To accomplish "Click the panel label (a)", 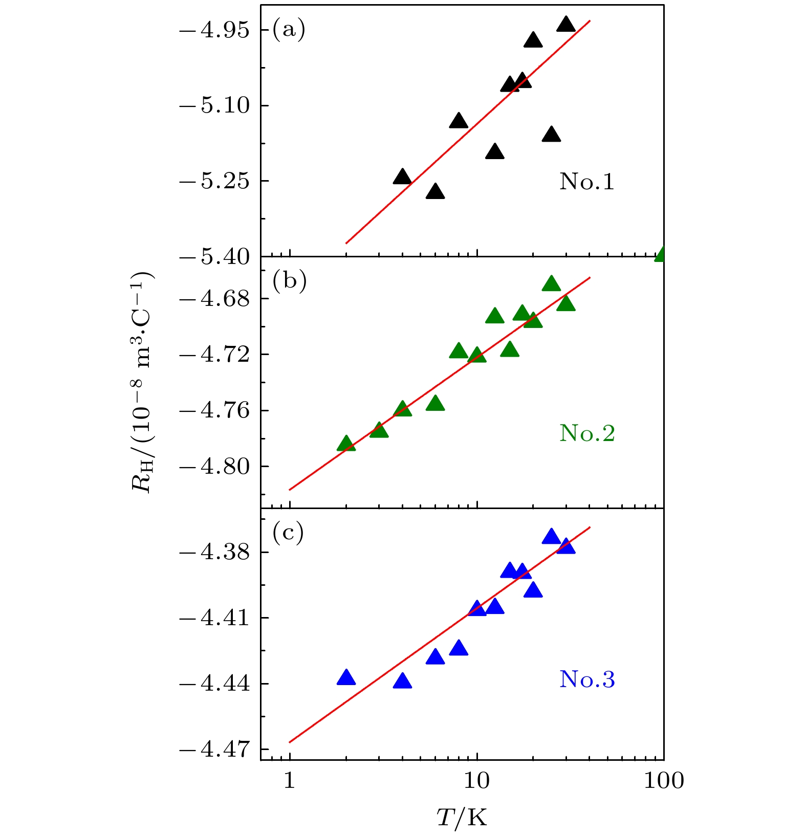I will (x=289, y=29).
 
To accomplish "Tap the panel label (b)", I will (x=289, y=281).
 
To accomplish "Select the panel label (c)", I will (x=288, y=533).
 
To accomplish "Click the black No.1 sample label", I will (x=587, y=182).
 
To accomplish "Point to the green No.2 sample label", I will (x=587, y=433).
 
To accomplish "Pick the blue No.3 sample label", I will (x=587, y=679).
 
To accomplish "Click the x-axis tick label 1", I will (x=290, y=781).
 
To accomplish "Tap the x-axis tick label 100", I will (x=663, y=781).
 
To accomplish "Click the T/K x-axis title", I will (x=462, y=818).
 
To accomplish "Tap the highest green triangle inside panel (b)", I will (x=551, y=284).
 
